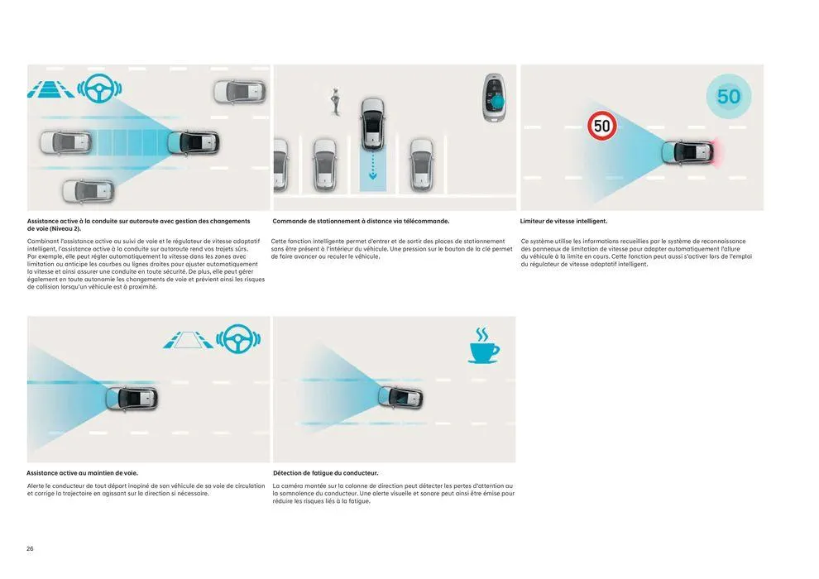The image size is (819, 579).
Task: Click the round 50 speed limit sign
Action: pos(602,126)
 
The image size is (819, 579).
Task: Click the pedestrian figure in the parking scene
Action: pos(336,99)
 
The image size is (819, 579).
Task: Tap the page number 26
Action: pos(30,548)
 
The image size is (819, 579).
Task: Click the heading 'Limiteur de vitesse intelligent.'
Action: pos(563,222)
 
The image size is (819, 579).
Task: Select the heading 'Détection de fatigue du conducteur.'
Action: pos(325,473)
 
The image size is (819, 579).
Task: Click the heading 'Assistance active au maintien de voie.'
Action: pos(82,473)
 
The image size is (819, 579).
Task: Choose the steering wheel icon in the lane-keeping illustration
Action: pos(238,339)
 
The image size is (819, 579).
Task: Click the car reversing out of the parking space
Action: pos(373,122)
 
